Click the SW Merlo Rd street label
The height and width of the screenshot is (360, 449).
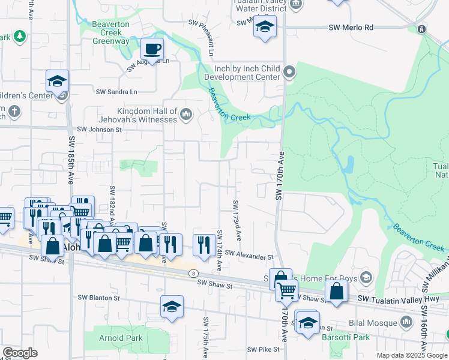pos(351,28)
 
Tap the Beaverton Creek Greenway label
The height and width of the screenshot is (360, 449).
pos(110,37)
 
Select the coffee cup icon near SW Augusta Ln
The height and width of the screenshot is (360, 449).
pos(152,48)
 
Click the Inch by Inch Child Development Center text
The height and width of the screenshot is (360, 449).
pos(242,73)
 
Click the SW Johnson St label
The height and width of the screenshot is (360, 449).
pos(99,129)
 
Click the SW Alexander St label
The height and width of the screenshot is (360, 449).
pos(249,256)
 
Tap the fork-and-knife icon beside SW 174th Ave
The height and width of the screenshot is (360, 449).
pos(204,244)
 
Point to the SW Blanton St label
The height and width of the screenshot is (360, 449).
pos(98,298)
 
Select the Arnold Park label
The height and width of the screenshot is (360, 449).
pos(121,338)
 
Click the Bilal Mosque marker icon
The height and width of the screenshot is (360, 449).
pos(406,323)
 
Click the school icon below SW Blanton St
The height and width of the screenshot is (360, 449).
pos(172,307)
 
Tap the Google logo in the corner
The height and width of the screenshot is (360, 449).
pos(20,353)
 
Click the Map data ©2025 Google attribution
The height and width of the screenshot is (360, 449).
pos(411,355)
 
